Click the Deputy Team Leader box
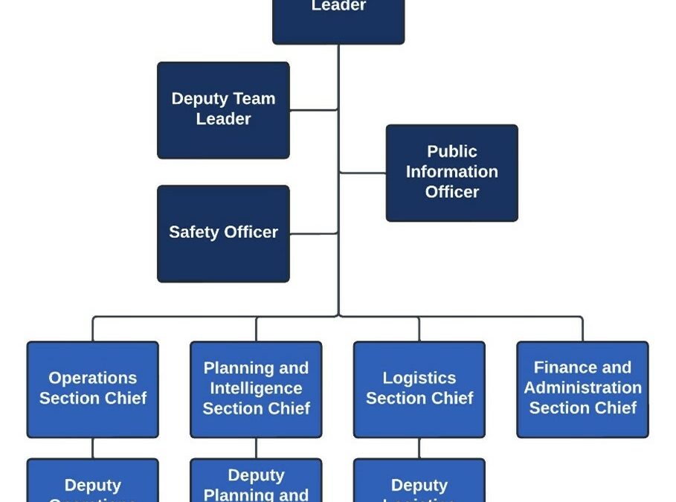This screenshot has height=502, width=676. [x=223, y=110]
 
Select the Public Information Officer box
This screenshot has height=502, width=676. [x=451, y=173]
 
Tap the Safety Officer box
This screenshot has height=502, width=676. [x=223, y=234]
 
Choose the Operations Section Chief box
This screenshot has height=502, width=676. [x=92, y=389]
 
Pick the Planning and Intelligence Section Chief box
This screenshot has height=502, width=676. [x=256, y=389]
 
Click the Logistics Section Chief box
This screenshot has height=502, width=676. [x=419, y=389]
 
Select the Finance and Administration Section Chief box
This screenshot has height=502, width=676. [x=582, y=389]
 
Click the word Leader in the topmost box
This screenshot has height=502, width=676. [x=338, y=6]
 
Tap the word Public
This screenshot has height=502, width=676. [x=451, y=152]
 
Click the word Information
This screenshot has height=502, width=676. [x=451, y=172]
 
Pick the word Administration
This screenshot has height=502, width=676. [x=582, y=387]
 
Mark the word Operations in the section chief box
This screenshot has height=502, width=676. [x=93, y=378]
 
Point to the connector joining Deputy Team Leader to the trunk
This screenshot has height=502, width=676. [x=314, y=110]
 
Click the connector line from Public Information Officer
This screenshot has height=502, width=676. [x=362, y=173]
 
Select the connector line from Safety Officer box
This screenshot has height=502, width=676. [x=314, y=234]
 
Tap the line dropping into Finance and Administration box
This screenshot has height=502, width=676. [x=582, y=329]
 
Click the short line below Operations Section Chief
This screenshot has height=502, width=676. [x=93, y=448]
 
